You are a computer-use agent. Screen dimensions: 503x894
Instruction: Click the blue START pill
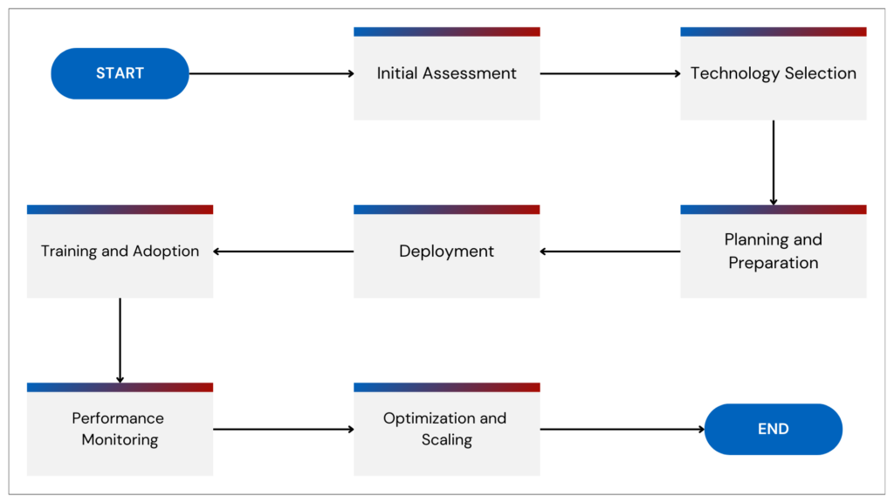click(120, 73)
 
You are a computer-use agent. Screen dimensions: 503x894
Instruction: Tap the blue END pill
click(773, 429)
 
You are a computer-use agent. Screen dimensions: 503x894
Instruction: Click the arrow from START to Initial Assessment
click(272, 73)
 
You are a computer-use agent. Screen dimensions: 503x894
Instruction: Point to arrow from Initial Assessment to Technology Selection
click(610, 73)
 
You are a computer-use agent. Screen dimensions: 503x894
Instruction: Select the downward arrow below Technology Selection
click(774, 162)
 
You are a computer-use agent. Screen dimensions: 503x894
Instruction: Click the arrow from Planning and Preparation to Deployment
click(610, 251)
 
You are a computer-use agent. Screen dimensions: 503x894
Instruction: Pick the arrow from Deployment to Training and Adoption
click(284, 251)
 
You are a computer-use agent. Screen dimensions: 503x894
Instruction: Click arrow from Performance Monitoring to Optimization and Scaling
click(284, 429)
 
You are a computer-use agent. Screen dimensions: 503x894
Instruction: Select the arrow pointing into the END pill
click(622, 429)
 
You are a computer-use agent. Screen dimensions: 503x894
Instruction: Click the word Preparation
click(774, 263)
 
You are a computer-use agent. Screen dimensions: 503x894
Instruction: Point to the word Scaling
click(446, 440)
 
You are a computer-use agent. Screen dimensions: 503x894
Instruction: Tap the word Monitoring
click(120, 440)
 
